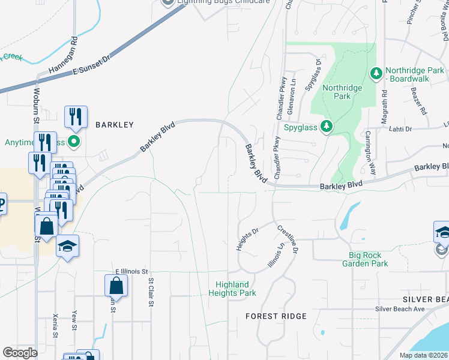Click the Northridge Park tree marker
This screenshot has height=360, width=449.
tap(376, 73)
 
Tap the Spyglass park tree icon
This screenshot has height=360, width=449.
tap(326, 126)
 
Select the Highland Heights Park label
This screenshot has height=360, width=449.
tap(232, 289)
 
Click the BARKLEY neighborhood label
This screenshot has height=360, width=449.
tap(113, 125)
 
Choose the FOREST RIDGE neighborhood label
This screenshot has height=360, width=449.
tap(276, 316)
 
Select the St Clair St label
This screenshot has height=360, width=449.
tap(150, 290)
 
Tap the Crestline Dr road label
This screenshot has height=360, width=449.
tap(287, 239)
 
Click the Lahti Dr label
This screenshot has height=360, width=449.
tap(400, 128)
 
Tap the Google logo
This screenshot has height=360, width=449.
tap(20, 353)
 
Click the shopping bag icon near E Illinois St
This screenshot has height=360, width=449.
tap(116, 286)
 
